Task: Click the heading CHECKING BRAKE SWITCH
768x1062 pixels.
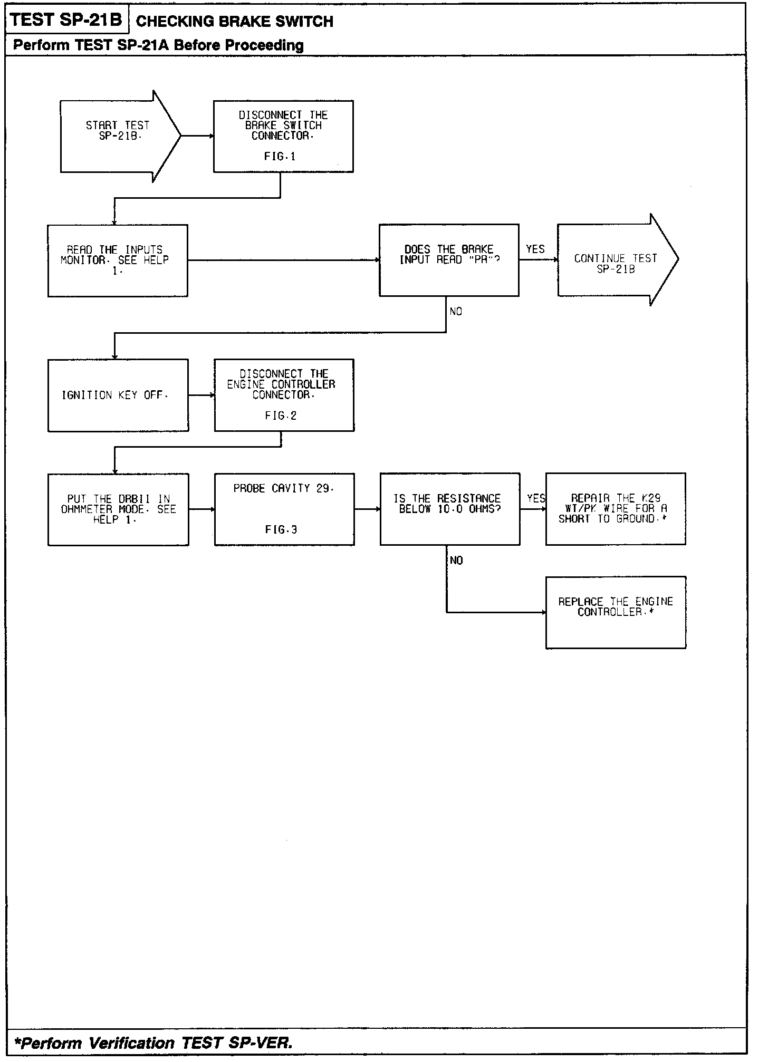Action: [x=234, y=22]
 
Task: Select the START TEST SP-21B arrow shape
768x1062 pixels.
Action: [x=119, y=136]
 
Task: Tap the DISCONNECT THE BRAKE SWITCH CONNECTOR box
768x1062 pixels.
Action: [x=283, y=136]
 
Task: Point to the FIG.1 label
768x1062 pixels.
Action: [x=280, y=157]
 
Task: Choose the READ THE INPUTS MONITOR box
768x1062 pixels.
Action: [x=118, y=260]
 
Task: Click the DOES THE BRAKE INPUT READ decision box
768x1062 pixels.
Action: [x=449, y=260]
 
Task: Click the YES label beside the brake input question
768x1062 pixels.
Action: [x=535, y=249]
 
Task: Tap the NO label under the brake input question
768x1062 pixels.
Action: [x=456, y=312]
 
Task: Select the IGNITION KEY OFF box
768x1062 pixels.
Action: [x=118, y=395]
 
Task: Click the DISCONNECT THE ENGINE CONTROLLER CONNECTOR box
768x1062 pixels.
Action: [x=284, y=395]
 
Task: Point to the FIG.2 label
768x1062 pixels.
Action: [x=281, y=416]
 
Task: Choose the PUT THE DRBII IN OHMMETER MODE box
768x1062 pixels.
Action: [x=118, y=509]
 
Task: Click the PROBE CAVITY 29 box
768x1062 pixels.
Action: [x=284, y=509]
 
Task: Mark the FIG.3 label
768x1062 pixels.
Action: [x=281, y=530]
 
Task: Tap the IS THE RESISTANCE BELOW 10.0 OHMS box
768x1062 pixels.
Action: [x=450, y=509]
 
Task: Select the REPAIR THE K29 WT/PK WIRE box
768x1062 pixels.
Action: [x=616, y=509]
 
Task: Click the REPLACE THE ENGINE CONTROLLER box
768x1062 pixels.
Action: [x=616, y=612]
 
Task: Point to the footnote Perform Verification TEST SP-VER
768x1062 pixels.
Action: [x=153, y=1043]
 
